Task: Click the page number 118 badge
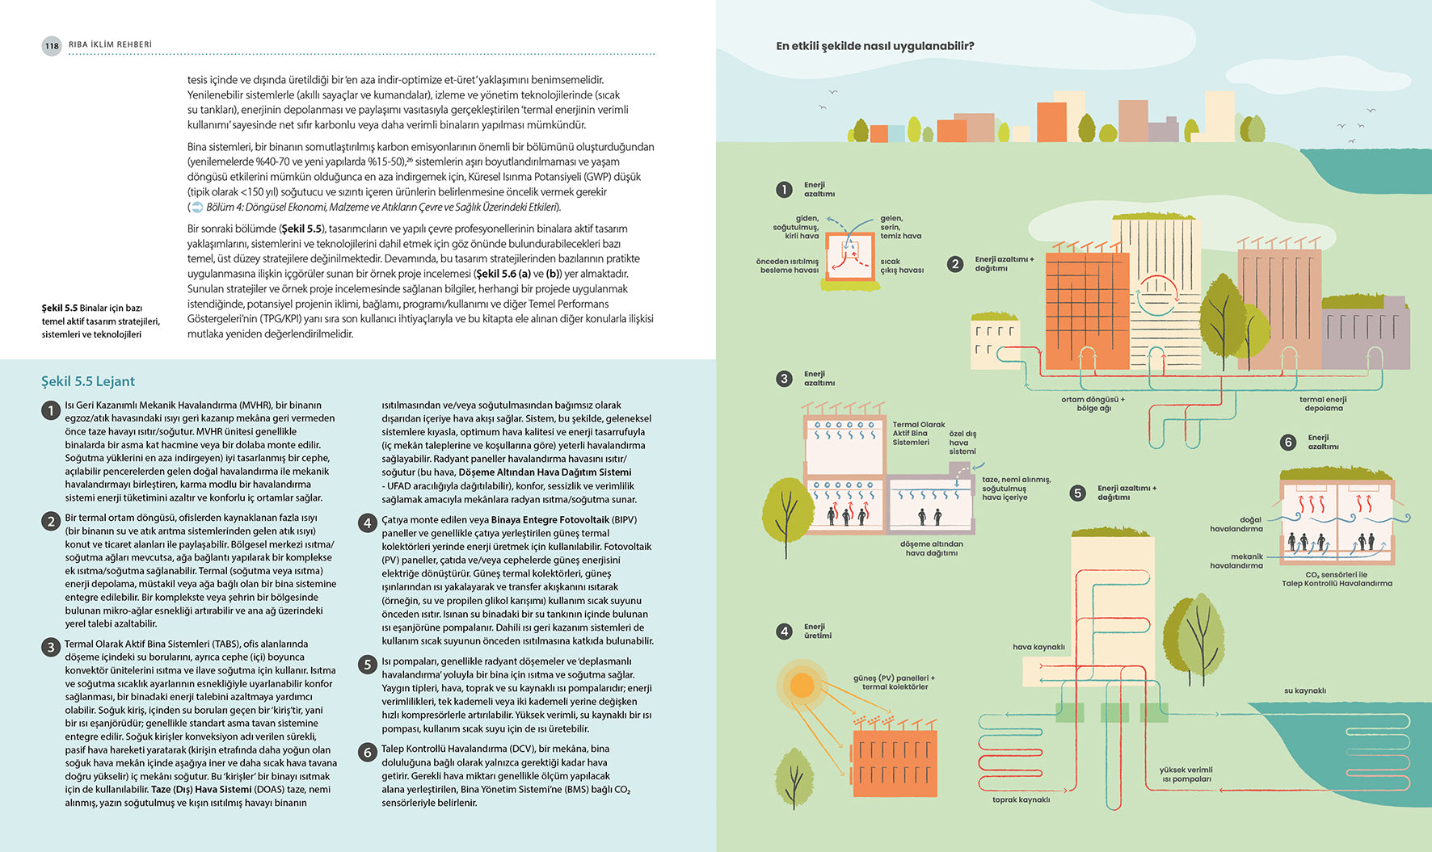pos(52,46)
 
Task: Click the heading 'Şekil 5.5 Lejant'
pos(88,381)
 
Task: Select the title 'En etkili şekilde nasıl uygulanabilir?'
pos(874,46)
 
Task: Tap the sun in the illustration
pos(802,686)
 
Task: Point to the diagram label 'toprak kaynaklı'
pos(1021,800)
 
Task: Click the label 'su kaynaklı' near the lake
pos(1304,690)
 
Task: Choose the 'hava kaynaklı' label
pos(1038,647)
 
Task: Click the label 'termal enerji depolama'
pos(1323,404)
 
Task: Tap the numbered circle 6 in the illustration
pos(1288,442)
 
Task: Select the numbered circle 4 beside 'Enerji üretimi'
pos(784,632)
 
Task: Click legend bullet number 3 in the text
pos(50,646)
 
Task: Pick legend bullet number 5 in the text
pos(367,664)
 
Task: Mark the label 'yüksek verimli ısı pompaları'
pos(1186,774)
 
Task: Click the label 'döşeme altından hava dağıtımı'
pos(931,548)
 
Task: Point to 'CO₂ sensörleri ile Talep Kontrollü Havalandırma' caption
pos(1337,579)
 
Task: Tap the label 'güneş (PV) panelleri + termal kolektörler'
pos(894,682)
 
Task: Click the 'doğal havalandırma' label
pos(1236,524)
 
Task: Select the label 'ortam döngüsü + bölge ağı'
pos(1093,404)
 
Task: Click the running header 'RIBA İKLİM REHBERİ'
pos(110,44)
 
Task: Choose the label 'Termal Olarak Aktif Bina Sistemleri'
pos(917,433)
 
